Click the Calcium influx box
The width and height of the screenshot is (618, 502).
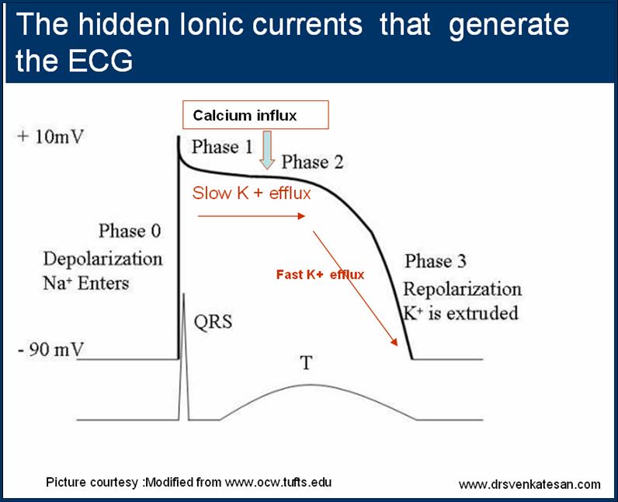point(255,115)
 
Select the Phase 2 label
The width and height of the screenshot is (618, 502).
point(312,162)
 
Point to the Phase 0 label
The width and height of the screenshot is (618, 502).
point(130,231)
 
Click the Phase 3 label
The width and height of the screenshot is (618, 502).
point(435,261)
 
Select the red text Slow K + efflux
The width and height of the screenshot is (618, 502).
point(252,193)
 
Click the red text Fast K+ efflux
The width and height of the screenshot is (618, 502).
point(320,274)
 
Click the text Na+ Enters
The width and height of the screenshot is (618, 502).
point(86,282)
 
